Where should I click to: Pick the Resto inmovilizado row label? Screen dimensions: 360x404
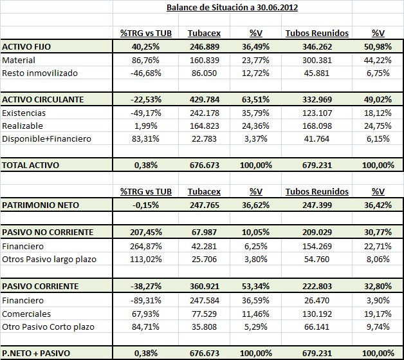[x=40, y=73]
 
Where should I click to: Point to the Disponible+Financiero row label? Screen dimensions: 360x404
[x=46, y=138]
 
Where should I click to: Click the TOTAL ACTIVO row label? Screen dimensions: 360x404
[x=31, y=165]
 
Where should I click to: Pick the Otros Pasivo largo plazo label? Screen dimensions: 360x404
[x=49, y=258]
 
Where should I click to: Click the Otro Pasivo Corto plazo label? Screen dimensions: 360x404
[x=48, y=327]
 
